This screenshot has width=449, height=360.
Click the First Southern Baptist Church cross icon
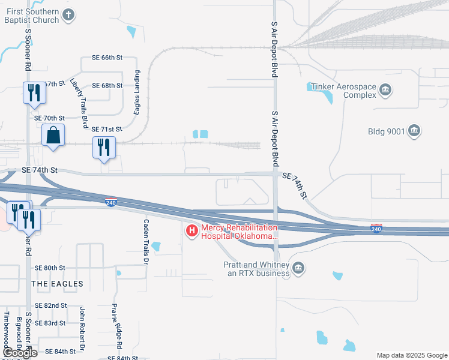pyautogui.click(x=69, y=15)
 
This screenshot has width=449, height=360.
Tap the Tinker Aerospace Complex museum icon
pyautogui.click(x=385, y=91)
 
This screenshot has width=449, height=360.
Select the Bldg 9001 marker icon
pyautogui.click(x=414, y=131)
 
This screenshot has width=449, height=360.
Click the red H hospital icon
pyautogui.click(x=192, y=231)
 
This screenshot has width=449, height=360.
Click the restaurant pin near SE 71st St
pyautogui.click(x=104, y=147)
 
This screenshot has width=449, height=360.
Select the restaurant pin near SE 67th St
pyautogui.click(x=34, y=93)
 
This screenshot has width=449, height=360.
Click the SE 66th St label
pyautogui.click(x=107, y=58)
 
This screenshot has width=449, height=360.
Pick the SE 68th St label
pyautogui.click(x=107, y=85)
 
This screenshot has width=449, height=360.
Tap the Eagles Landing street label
pyautogui.click(x=137, y=92)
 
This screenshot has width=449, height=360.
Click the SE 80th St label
pyautogui.click(x=50, y=268)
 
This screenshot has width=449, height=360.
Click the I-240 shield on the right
pyautogui.click(x=376, y=229)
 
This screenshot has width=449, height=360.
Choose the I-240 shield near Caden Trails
pyautogui.click(x=110, y=202)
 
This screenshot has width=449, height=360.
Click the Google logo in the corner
pyautogui.click(x=20, y=353)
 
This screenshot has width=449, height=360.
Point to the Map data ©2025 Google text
pyautogui.click(x=411, y=355)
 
